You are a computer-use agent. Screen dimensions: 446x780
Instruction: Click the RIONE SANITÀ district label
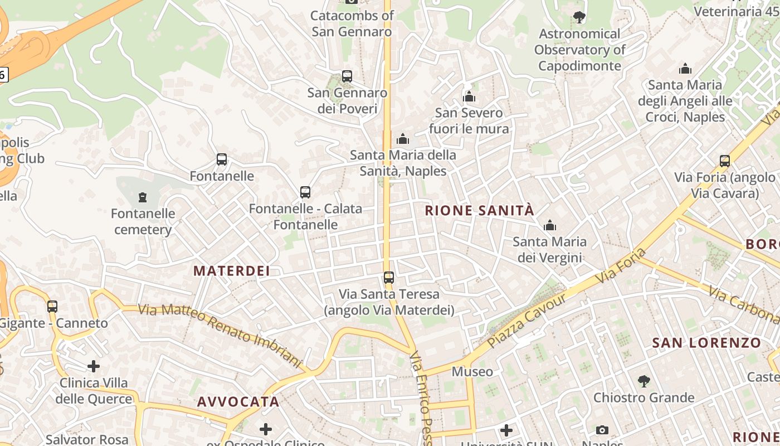[479, 211]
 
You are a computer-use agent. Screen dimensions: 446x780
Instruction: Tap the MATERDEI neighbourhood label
[231, 272]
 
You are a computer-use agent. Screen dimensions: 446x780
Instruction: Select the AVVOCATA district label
[238, 402]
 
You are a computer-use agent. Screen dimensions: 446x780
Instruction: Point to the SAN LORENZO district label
[706, 343]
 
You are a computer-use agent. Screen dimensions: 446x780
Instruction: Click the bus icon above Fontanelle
[222, 160]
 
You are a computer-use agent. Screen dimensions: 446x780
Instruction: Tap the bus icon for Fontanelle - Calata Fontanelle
[305, 192]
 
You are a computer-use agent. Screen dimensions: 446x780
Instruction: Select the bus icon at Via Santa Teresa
[389, 278]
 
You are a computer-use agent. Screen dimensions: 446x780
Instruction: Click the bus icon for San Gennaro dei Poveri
[347, 76]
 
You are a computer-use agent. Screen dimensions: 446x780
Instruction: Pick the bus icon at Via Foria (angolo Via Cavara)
[725, 161]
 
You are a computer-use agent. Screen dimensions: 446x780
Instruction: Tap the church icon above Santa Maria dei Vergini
[550, 225]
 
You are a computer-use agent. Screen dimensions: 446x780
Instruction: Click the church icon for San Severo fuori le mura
[469, 97]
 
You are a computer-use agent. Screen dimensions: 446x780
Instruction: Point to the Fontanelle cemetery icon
[143, 197]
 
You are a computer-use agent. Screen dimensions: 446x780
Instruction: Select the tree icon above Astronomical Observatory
[579, 17]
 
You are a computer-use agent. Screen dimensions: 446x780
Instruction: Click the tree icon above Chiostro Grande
[644, 381]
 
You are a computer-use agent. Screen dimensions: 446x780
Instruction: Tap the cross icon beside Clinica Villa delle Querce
[94, 366]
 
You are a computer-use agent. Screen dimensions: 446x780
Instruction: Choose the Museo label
[472, 372]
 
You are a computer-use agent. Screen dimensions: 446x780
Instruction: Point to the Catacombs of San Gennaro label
[352, 23]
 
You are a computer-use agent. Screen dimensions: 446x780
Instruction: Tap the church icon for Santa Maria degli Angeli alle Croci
[685, 69]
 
